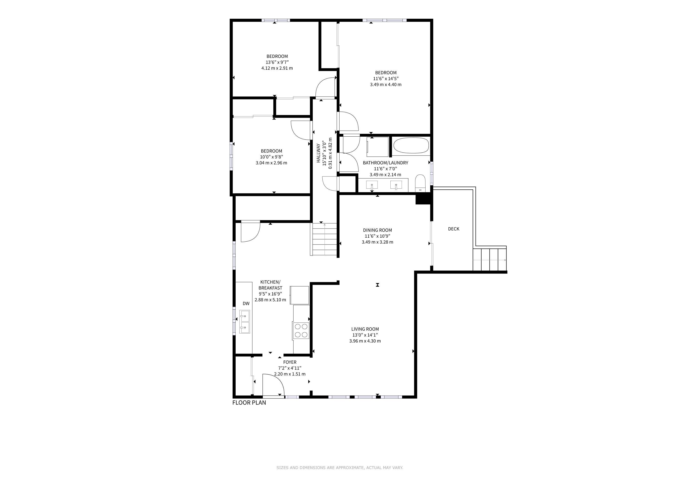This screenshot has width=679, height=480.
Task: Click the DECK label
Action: pyautogui.click(x=454, y=229)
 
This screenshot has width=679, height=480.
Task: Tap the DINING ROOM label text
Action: pyautogui.click(x=377, y=230)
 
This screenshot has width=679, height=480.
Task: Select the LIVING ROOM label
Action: pyautogui.click(x=365, y=329)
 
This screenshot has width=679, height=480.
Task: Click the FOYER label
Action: pyautogui.click(x=290, y=362)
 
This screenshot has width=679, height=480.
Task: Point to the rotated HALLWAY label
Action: pyautogui.click(x=318, y=153)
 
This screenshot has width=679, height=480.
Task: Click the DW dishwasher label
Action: pyautogui.click(x=246, y=303)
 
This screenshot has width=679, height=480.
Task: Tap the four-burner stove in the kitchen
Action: pyautogui.click(x=301, y=330)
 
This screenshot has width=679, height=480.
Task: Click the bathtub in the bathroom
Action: pyautogui.click(x=411, y=145)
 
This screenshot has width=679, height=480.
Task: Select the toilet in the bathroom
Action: pyautogui.click(x=420, y=183)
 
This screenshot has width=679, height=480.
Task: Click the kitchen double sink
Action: pyautogui.click(x=245, y=322)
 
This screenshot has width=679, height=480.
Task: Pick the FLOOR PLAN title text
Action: pyautogui.click(x=249, y=403)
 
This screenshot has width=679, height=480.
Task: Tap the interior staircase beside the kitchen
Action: pyautogui.click(x=324, y=239)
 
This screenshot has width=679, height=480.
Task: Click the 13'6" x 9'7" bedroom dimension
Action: pyautogui.click(x=277, y=62)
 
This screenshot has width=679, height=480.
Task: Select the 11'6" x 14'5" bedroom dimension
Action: pyautogui.click(x=386, y=79)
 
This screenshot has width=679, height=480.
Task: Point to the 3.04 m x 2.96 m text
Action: pyautogui.click(x=272, y=163)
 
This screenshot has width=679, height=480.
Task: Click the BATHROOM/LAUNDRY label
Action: pyautogui.click(x=386, y=163)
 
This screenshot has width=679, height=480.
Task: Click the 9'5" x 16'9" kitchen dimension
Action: pyautogui.click(x=270, y=294)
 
